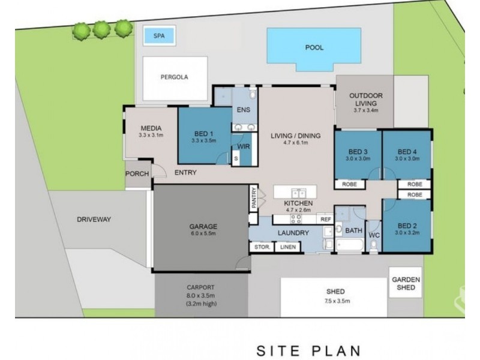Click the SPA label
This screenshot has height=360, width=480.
click(x=159, y=36)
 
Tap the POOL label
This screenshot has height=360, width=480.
click(x=314, y=47)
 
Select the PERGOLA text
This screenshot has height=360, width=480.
click(x=174, y=77)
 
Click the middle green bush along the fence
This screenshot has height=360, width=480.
click(x=101, y=29)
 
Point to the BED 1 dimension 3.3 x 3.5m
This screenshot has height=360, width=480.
click(x=204, y=141)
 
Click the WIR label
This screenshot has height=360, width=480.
click(x=244, y=146)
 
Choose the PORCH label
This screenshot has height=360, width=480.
click(x=137, y=174)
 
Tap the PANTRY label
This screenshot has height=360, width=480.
click(x=254, y=198)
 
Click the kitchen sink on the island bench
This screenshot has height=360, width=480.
click(x=298, y=193)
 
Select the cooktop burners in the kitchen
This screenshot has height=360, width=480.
click(x=296, y=218)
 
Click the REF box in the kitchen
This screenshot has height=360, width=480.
click(x=325, y=219)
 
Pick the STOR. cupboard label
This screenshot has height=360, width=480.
click(x=262, y=247)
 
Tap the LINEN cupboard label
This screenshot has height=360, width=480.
click(x=288, y=247)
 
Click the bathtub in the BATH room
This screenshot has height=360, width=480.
click(x=350, y=245)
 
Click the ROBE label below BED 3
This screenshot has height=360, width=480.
click(x=349, y=185)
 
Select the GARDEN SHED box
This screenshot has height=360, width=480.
click(x=406, y=283)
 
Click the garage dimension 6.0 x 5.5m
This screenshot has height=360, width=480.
click(x=203, y=233)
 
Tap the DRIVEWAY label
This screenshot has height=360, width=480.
click(x=94, y=220)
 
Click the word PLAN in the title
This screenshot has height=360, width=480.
click(x=336, y=351)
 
